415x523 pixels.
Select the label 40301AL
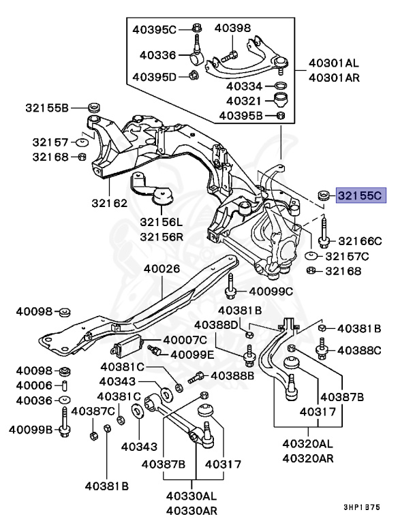pos(333,63)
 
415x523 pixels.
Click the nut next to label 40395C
pos(196,29)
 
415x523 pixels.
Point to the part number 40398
pos(232,29)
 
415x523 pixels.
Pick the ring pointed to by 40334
pos(279,86)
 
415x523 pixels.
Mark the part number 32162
pos(110,203)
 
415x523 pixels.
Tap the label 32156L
pos(162,222)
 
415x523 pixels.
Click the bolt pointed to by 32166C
pos(323,234)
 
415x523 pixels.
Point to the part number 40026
pos(162,269)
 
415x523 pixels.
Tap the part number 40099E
pos(192,354)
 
